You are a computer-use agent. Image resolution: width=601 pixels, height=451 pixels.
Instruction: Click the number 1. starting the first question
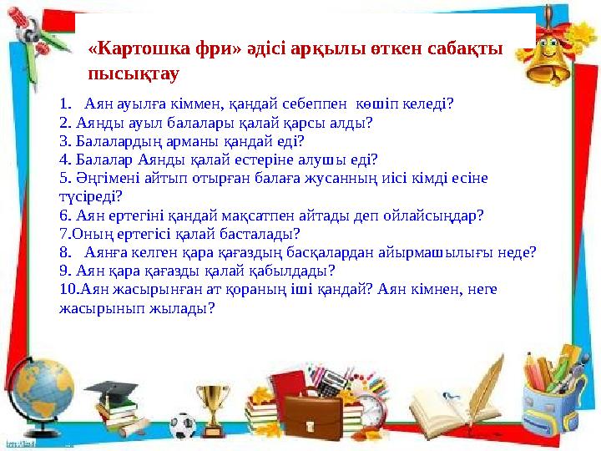coord(67,104)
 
